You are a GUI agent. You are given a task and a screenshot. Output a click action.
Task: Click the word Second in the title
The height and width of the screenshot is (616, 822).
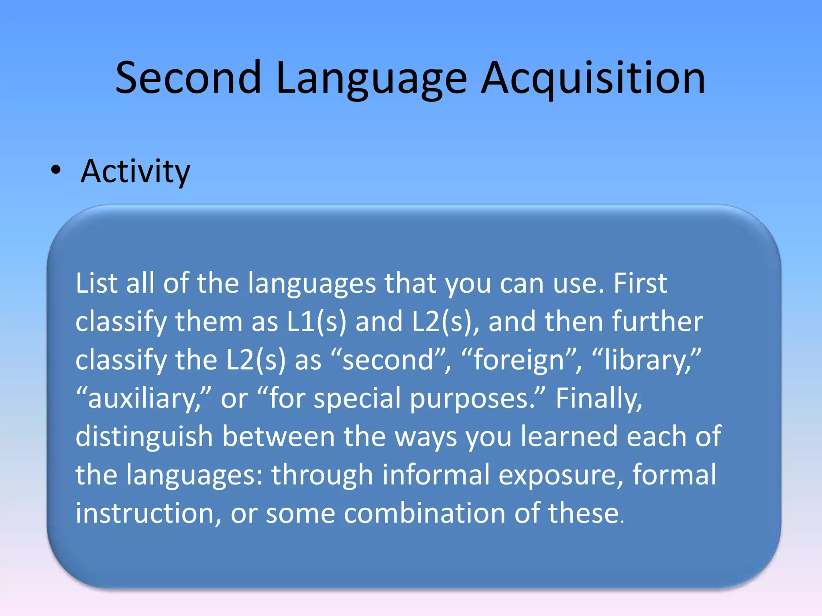coord(188,78)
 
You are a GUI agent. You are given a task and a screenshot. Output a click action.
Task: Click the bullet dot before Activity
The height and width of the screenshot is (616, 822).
coord(56,170)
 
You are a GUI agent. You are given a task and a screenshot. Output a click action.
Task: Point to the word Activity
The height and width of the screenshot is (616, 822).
coord(135,171)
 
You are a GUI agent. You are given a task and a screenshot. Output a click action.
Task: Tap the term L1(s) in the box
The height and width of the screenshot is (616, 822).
coord(316,322)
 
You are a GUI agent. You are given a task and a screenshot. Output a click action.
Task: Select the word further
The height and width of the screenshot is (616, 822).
coord(657,322)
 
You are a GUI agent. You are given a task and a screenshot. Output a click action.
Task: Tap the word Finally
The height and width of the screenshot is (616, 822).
coord(599,398)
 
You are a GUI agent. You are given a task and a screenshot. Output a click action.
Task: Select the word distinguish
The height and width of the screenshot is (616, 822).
coord(144,437)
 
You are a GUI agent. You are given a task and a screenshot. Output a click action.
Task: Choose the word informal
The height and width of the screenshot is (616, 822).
coord(436,475)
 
